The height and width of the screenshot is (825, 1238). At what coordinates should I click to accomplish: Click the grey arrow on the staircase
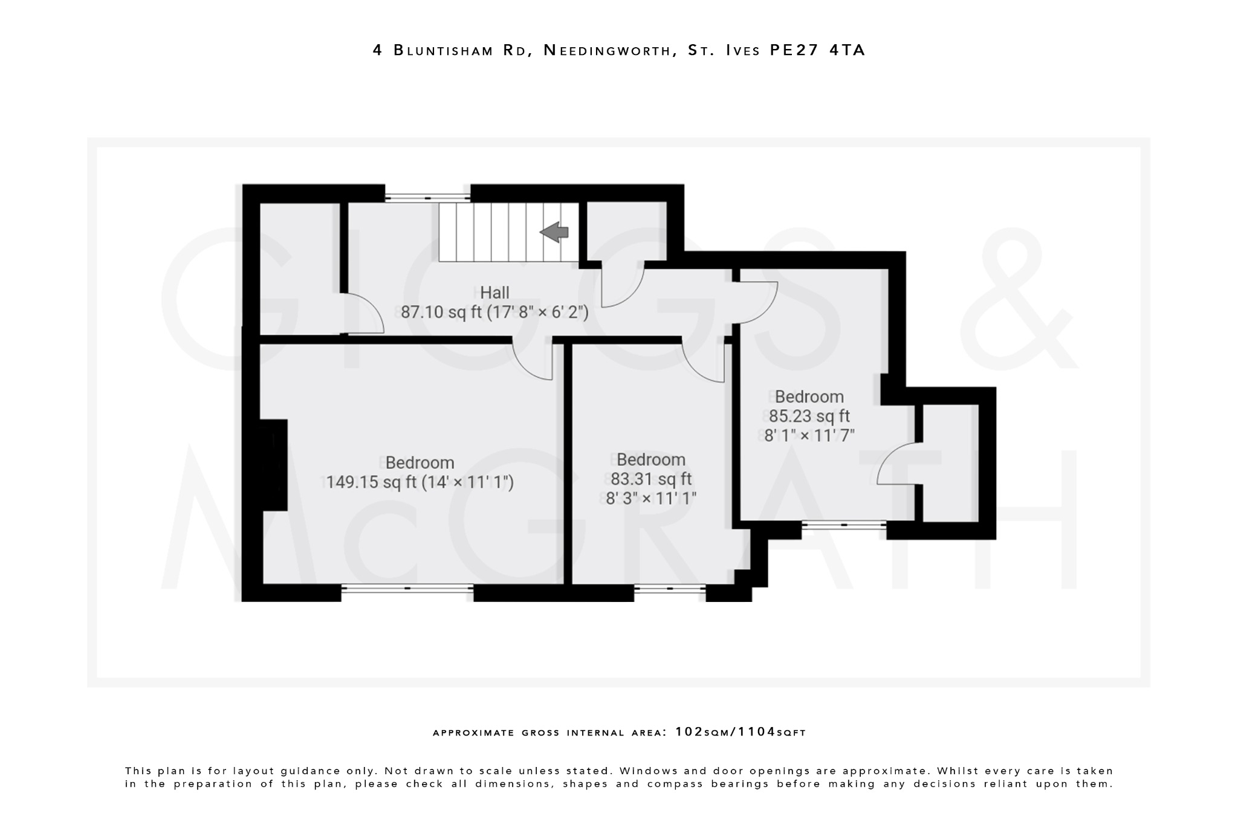[x=554, y=232]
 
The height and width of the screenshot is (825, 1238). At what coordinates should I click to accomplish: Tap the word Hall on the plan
[x=494, y=293]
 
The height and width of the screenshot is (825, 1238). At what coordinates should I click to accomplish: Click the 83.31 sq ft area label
[x=651, y=479]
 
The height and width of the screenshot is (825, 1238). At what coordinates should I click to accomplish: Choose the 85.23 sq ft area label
[x=809, y=416]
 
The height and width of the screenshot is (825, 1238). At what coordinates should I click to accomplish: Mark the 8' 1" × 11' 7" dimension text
[x=809, y=436]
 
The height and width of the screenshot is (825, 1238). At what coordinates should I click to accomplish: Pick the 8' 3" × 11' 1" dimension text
[x=651, y=499]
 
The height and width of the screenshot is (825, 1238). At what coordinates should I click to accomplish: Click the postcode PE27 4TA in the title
[x=818, y=50]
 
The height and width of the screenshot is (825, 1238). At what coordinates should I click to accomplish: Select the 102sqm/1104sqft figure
[x=741, y=732]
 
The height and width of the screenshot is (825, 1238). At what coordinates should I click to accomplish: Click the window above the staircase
[x=427, y=197]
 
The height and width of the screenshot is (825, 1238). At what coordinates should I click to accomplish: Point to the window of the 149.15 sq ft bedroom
[x=407, y=588]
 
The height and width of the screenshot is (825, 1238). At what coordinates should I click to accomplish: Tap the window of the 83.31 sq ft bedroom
[x=670, y=588]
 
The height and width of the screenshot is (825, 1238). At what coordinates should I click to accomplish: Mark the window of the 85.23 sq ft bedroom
[x=844, y=525]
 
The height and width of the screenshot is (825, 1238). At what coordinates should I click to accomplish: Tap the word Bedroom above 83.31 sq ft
[x=651, y=460]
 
